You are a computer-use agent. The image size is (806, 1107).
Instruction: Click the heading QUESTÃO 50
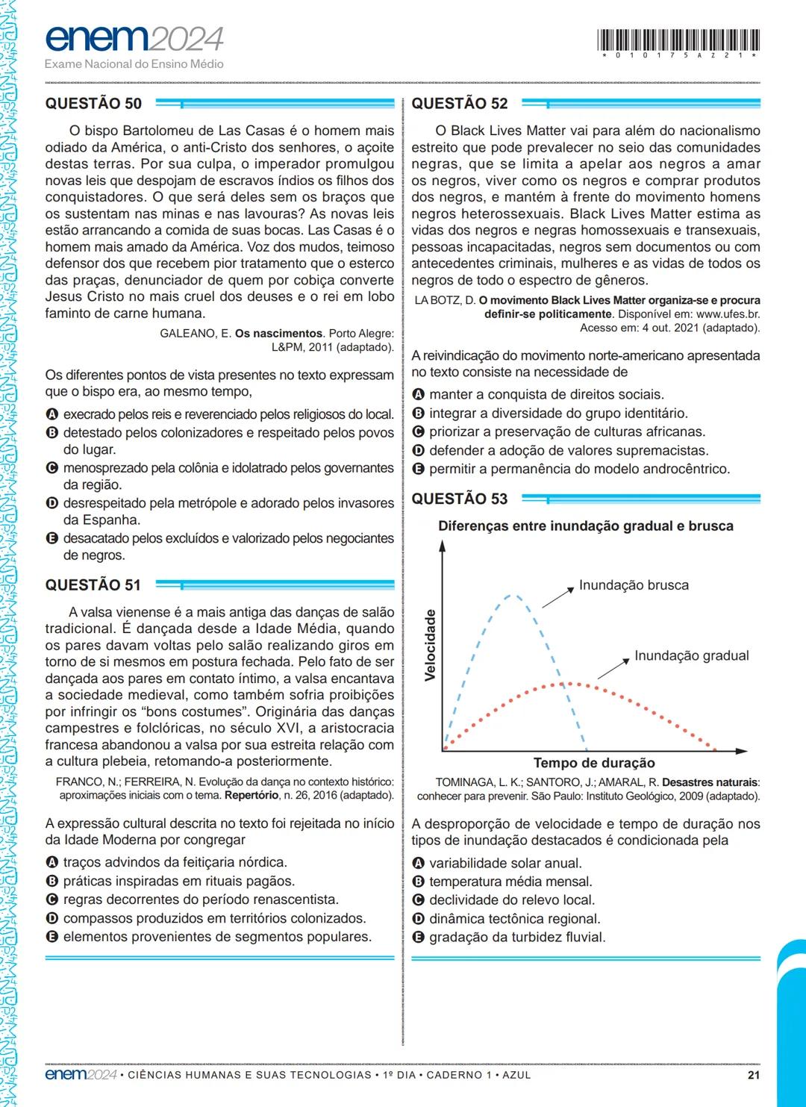93,104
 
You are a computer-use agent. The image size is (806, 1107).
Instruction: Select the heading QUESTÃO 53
459,499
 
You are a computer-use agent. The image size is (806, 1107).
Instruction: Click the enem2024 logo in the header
134,38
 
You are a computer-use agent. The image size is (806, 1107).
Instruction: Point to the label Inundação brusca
634,585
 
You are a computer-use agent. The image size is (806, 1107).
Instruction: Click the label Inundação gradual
691,655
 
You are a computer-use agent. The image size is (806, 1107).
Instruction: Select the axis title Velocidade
430,645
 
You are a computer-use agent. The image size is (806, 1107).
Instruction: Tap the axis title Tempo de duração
594,763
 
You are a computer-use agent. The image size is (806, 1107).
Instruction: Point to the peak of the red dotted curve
569,682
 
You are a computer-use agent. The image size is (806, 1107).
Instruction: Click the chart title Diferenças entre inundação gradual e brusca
585,526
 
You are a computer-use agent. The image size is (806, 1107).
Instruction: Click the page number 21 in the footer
753,1075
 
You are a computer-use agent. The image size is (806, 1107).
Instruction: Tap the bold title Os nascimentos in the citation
278,334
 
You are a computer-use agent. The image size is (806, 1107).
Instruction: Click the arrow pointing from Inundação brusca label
555,597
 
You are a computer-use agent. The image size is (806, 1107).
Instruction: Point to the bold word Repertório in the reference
252,796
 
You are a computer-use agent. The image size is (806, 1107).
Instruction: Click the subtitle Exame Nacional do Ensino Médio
134,64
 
